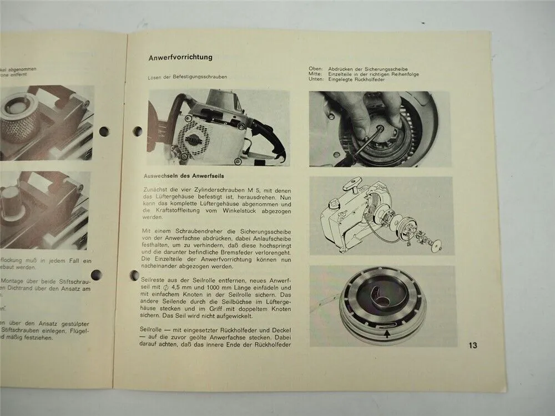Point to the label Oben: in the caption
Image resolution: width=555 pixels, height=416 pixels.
[316, 69]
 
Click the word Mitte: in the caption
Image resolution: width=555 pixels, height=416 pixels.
[316, 75]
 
